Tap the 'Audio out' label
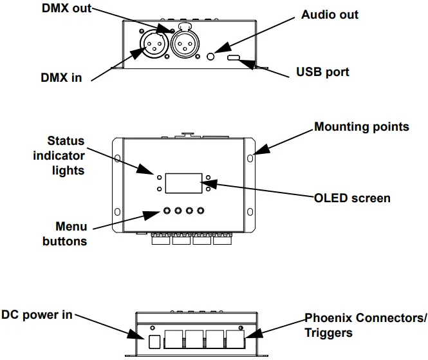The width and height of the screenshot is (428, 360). [x=330, y=15]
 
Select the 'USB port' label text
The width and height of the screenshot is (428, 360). [x=322, y=71]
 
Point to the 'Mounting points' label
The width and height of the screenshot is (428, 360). [x=362, y=126]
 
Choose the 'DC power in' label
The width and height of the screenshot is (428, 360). [x=36, y=315]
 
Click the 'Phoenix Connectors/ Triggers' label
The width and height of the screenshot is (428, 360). [x=366, y=325]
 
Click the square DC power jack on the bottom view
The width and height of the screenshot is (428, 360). [x=154, y=340]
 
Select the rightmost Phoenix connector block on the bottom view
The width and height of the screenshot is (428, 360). [x=239, y=339]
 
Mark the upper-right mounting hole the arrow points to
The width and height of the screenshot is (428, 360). [x=250, y=156]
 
